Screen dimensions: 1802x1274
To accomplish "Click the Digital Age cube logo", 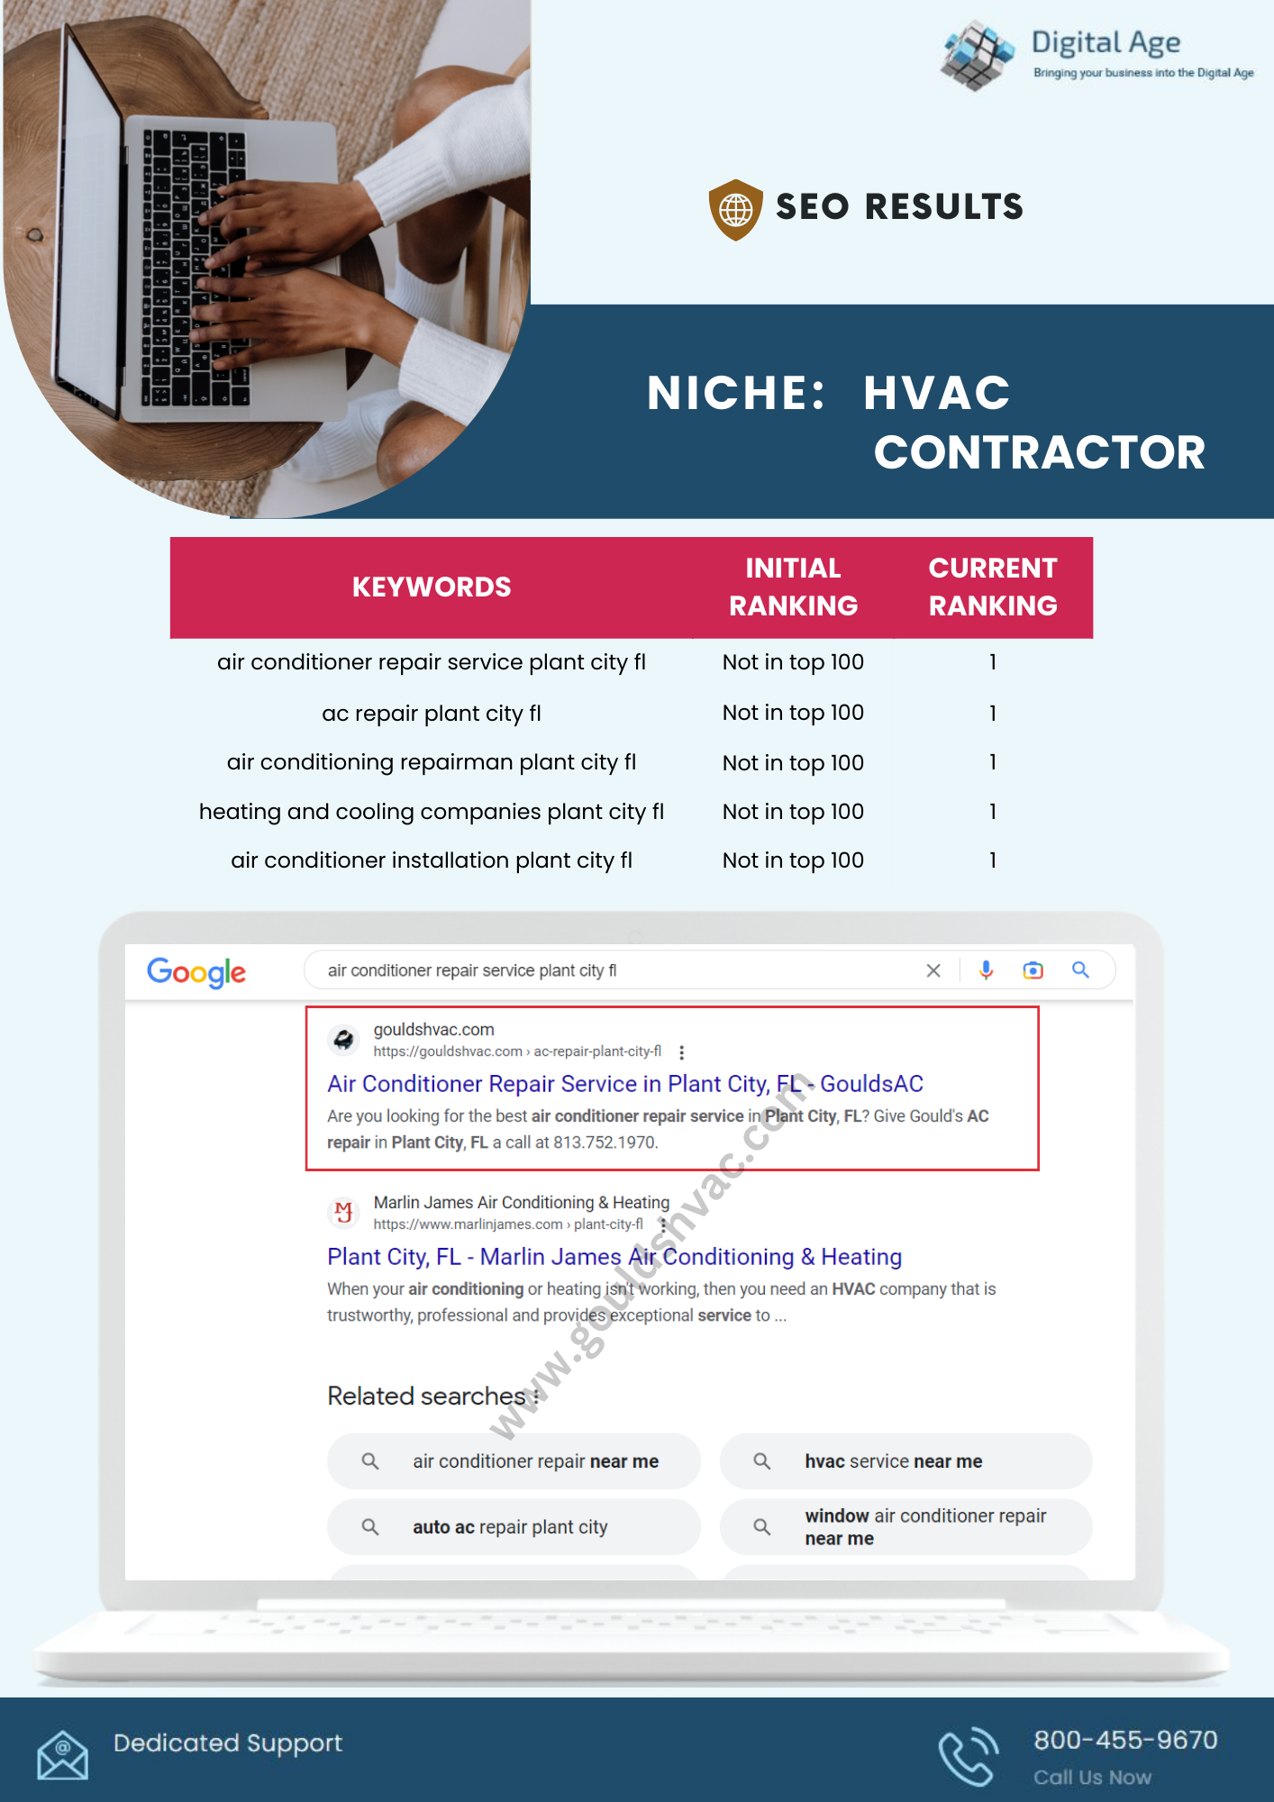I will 976,55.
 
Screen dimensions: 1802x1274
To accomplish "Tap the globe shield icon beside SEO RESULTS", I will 735,209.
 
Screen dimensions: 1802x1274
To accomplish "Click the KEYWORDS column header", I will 432,587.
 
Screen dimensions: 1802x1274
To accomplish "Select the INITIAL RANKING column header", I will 793,587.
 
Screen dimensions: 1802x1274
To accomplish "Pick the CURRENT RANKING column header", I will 992,587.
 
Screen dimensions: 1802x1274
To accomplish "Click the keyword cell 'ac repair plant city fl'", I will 432,714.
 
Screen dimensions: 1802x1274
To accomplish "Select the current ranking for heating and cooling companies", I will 992,812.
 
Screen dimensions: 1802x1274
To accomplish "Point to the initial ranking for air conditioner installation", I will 793,860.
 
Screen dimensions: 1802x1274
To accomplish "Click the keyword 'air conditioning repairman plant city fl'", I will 432,762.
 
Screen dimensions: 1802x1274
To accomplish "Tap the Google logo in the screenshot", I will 196,972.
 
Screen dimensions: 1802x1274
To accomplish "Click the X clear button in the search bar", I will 933,970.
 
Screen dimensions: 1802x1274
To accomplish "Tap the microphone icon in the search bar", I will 987,970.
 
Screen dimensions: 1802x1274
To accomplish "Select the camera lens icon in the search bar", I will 1033,970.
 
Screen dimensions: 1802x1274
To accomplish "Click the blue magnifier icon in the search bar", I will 1080,970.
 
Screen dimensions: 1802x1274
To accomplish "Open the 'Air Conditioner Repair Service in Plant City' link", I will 624,1084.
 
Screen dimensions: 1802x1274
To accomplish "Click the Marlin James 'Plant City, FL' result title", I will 614,1257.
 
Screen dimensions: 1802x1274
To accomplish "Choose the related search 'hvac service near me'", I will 893,1461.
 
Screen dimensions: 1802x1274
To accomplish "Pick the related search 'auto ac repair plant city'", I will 510,1527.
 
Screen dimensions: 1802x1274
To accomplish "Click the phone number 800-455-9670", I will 1125,1740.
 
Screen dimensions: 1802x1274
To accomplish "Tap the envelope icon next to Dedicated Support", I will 62,1754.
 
